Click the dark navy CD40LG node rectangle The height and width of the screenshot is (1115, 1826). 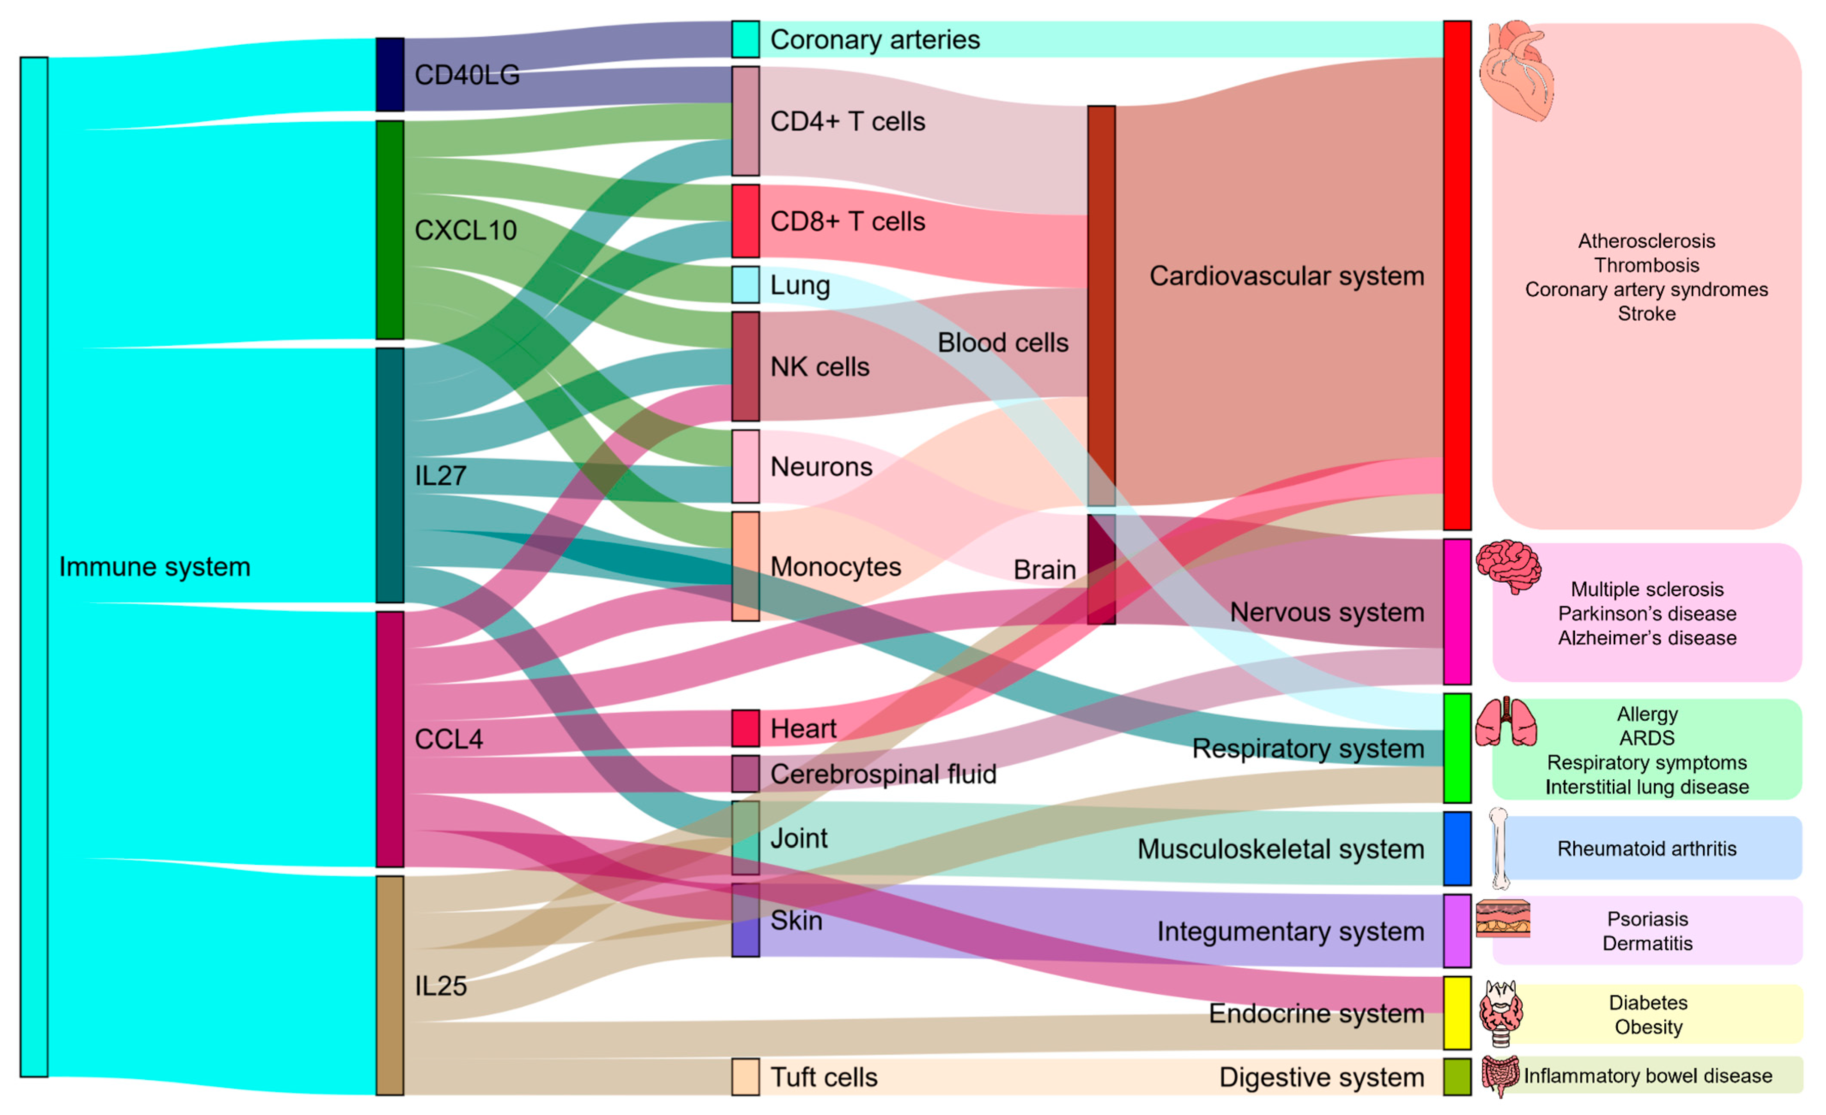point(390,75)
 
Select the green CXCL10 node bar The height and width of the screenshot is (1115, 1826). point(390,230)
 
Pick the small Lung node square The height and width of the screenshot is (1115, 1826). point(745,285)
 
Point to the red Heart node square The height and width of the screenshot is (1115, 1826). point(745,728)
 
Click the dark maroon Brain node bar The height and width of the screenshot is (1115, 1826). point(1101,569)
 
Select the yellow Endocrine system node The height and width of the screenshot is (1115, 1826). point(1457,1013)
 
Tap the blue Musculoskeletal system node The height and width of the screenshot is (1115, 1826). point(1457,849)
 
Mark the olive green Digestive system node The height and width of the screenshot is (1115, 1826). point(1457,1076)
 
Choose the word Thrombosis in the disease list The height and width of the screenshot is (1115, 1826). point(1647,265)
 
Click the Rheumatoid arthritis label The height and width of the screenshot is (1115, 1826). point(1647,849)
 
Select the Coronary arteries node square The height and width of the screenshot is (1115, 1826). point(745,39)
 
